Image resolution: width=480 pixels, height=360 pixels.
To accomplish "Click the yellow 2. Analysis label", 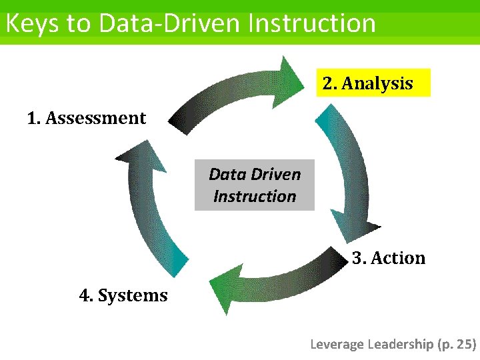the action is [x=373, y=83].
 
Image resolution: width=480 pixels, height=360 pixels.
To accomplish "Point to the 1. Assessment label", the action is [x=86, y=119].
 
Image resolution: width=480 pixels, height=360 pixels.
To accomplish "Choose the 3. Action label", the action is [x=389, y=258].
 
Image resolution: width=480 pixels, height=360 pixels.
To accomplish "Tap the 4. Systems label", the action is [x=123, y=295].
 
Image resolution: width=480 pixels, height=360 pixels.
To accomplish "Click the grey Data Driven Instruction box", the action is [x=254, y=185].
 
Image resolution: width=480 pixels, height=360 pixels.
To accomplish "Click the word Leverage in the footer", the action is [x=337, y=344].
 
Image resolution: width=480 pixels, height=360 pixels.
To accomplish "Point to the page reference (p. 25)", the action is [x=457, y=344].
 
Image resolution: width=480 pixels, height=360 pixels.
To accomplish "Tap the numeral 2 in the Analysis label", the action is [x=328, y=84].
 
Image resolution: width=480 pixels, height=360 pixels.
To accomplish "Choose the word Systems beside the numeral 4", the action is [x=133, y=295].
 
